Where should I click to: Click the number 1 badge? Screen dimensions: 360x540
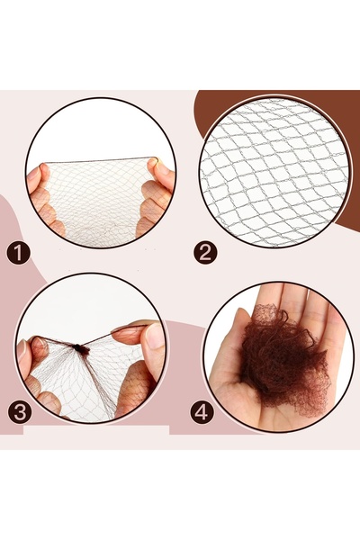pyautogui.click(x=18, y=252)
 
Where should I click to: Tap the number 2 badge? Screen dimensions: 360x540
pyautogui.click(x=205, y=252)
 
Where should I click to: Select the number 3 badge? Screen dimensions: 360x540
pyautogui.click(x=20, y=412)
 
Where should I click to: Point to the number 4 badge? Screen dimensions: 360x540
pyautogui.click(x=202, y=412)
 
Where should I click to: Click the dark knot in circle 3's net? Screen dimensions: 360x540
pyautogui.click(x=81, y=349)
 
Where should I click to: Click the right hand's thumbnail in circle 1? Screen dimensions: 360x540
pyautogui.click(x=161, y=167)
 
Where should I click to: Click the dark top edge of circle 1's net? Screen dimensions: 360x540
pyautogui.click(x=100, y=160)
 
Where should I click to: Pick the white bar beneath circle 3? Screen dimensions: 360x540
pyautogui.click(x=96, y=430)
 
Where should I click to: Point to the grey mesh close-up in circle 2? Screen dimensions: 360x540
pyautogui.click(x=274, y=172)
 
